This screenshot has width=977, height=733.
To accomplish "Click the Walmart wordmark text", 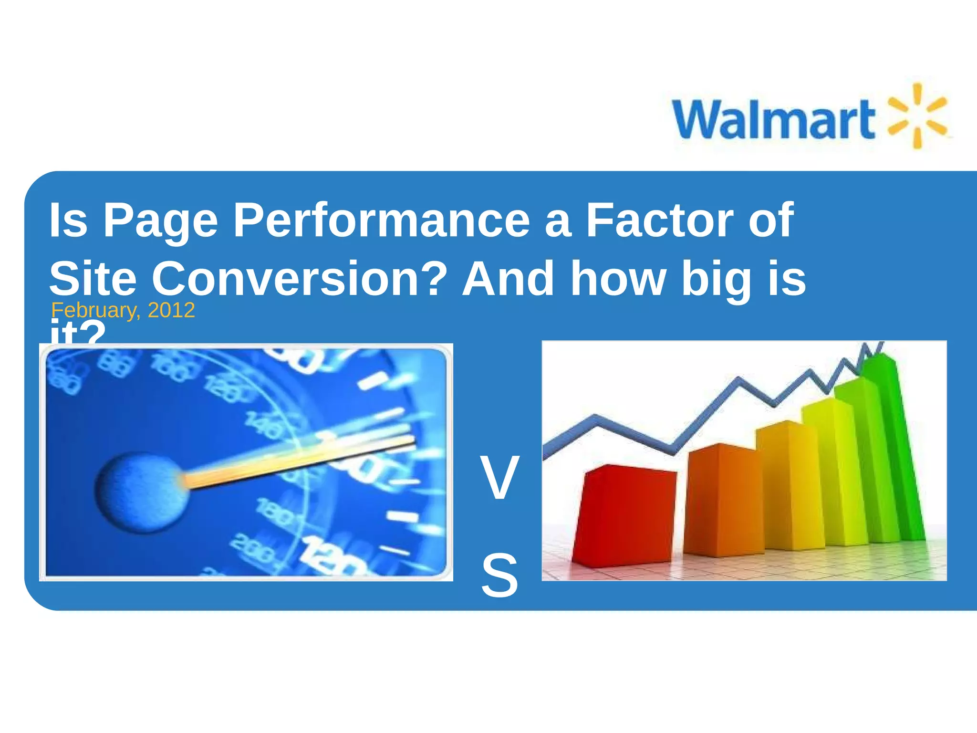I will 773,119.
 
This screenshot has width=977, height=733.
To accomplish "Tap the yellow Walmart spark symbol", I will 917,115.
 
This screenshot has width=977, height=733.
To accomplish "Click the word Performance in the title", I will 381,220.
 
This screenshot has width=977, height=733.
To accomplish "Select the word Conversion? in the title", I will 299,279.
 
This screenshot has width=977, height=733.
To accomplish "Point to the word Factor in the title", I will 660,220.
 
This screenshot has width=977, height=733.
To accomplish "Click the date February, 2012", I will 123,311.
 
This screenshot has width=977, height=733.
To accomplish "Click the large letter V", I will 499,478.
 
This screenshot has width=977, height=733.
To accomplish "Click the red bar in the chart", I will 625,515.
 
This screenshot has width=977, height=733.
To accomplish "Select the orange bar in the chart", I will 723,501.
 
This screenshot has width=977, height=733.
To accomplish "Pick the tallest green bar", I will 892,449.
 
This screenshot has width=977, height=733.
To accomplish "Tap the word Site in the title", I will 93,279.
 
